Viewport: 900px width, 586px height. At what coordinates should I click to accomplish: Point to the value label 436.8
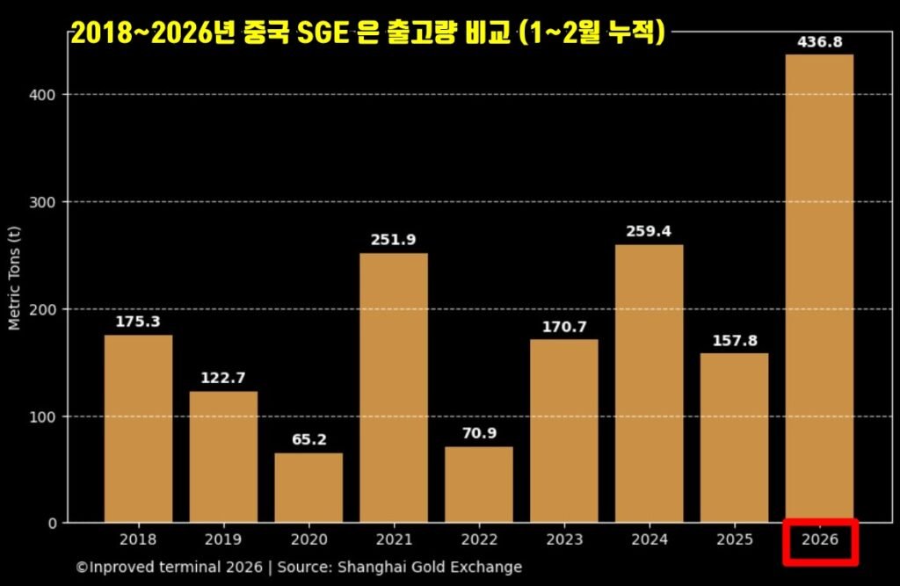point(818,42)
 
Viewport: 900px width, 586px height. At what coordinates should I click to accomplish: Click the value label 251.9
point(393,240)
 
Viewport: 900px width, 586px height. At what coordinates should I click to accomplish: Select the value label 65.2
point(308,439)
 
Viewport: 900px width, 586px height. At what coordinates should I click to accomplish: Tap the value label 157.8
point(734,340)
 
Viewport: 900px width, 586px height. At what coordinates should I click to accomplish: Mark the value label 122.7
point(223,378)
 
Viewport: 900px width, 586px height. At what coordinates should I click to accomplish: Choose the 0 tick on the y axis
point(53,524)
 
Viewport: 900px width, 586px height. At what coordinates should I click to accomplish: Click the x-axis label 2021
point(393,539)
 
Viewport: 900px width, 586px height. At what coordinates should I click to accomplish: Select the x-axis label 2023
point(563,539)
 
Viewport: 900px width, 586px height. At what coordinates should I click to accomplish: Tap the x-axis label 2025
point(734,539)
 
